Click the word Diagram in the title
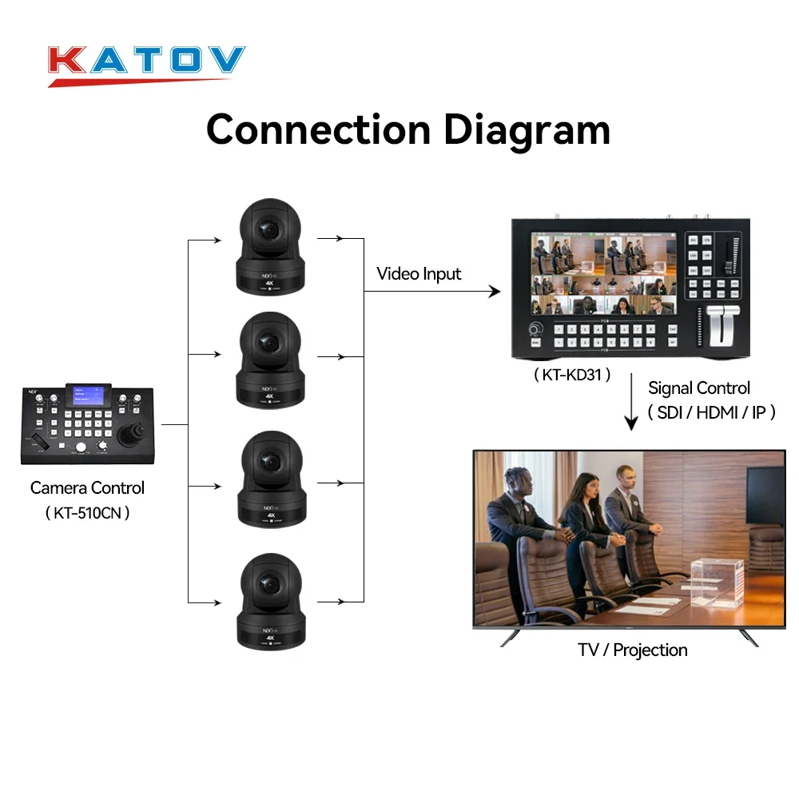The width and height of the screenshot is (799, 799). [527, 129]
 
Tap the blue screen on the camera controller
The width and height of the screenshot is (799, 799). [89, 398]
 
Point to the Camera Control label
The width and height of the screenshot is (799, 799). [87, 487]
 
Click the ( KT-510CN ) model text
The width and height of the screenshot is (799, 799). [87, 512]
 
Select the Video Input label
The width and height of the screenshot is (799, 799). [419, 274]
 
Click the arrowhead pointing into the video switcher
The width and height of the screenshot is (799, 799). [495, 292]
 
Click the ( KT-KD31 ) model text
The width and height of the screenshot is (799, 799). [572, 374]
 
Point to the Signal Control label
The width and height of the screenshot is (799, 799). [699, 388]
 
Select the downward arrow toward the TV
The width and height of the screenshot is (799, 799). [631, 403]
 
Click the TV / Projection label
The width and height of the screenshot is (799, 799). [633, 650]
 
